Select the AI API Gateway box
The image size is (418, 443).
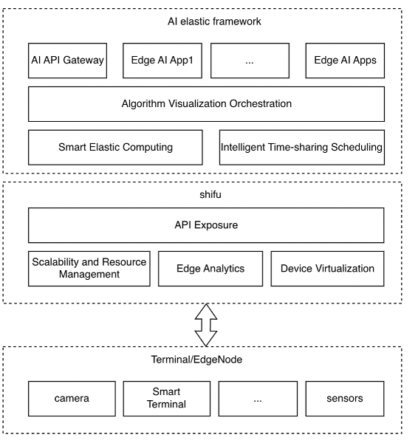(x=66, y=61)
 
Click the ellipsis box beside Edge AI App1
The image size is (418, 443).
(x=249, y=61)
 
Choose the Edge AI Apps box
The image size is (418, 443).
(x=345, y=61)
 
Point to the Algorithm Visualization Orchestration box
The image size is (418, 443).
(x=206, y=104)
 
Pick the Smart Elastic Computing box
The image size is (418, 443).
(x=115, y=147)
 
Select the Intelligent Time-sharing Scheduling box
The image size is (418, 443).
(x=302, y=147)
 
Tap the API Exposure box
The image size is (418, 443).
(x=206, y=225)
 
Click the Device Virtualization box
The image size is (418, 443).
(x=327, y=269)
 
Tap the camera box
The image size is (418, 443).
(x=72, y=399)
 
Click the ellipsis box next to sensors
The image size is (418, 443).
(x=258, y=399)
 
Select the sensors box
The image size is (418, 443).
(x=345, y=399)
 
